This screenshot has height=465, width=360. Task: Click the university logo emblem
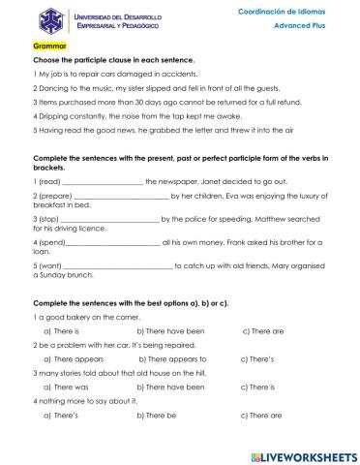pos(20,21)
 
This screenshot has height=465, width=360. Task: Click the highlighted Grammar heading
pos(47,46)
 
